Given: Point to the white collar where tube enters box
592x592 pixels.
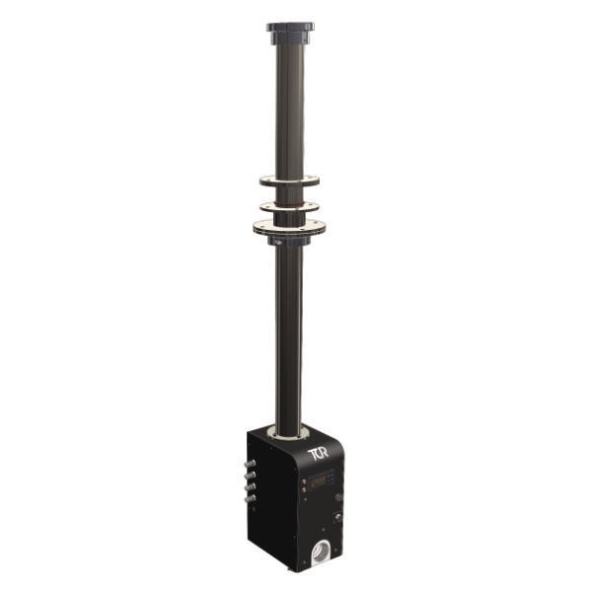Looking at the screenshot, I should [x=288, y=430].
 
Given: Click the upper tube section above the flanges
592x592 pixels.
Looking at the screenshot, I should [x=290, y=109].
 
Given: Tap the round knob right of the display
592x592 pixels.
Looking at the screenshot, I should [x=338, y=497].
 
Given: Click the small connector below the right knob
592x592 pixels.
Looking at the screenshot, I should [x=338, y=515].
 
